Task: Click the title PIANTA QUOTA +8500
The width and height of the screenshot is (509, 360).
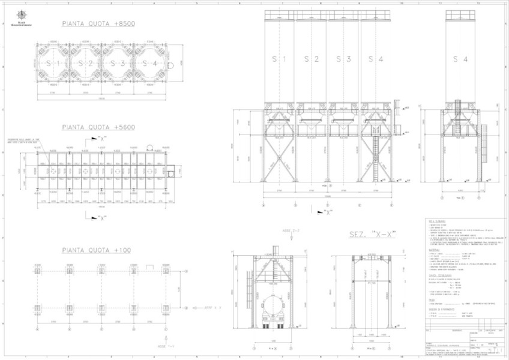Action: pos(99,24)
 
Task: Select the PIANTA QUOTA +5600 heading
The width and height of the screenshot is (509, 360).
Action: pos(98,127)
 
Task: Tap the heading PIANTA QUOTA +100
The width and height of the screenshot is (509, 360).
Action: pos(97,250)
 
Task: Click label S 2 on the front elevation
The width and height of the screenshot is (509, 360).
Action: pos(311,59)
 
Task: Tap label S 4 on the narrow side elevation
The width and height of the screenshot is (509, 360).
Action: pos(460,59)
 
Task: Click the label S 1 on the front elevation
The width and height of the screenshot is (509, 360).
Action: pos(279,59)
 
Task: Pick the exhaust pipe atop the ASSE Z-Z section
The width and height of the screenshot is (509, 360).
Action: pos(277,250)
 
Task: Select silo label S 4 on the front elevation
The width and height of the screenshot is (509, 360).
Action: pos(376,59)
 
